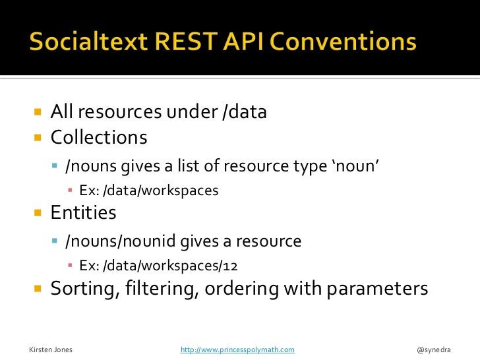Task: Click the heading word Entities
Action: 84,213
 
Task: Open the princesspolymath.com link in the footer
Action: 237,349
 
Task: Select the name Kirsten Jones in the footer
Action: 51,349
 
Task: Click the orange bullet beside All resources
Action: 37,112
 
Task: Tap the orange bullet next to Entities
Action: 37,213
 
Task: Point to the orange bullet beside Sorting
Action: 37,289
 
